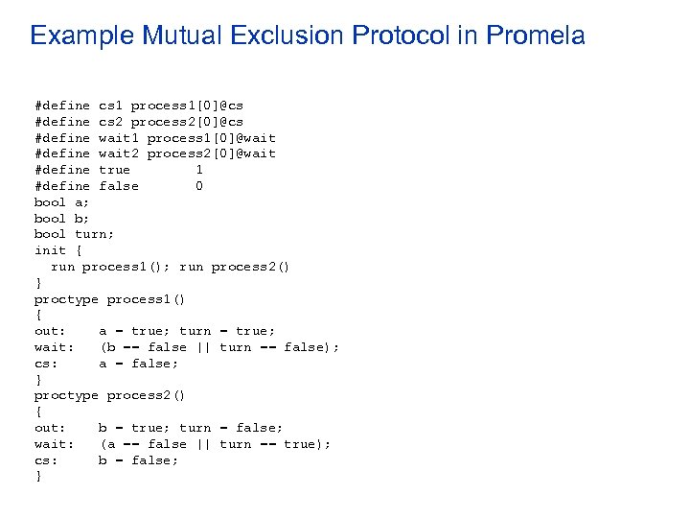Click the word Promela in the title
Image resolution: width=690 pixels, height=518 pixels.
tap(536, 36)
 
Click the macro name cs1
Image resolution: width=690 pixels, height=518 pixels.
tap(110, 105)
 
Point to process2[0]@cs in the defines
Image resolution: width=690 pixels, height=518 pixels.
tap(187, 121)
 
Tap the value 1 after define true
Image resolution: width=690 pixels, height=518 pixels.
tap(198, 170)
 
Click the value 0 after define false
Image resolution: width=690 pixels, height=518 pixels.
tap(198, 186)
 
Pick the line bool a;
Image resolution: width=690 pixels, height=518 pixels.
tap(62, 202)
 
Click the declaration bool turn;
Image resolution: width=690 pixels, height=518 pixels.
tap(74, 234)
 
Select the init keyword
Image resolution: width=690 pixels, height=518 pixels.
tap(50, 250)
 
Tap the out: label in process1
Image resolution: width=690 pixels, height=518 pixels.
tap(50, 331)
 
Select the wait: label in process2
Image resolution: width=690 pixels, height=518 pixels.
tap(54, 444)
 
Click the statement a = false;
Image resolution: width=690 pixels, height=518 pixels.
tap(139, 364)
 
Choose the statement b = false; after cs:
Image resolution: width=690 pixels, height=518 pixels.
tap(139, 460)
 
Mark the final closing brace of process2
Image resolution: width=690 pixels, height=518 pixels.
tap(38, 476)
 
